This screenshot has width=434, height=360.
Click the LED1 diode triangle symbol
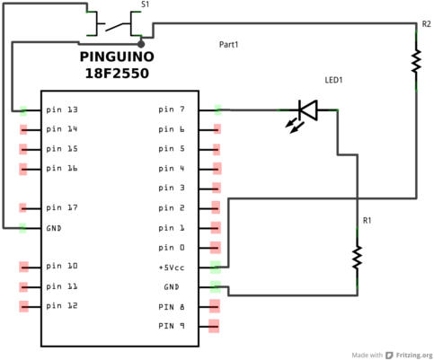[x=308, y=110]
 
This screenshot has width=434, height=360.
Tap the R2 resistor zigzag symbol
[x=416, y=61]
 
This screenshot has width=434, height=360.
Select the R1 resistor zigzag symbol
[x=357, y=257]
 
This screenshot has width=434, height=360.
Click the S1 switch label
[x=146, y=4]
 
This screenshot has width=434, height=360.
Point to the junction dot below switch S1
[x=141, y=44]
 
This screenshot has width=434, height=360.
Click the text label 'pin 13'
[x=62, y=110]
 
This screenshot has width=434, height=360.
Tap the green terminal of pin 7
[x=218, y=110]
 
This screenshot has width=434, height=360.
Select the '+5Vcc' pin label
[x=172, y=268]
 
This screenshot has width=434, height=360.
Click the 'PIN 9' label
[x=172, y=326]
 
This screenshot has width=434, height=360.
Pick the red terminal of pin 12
[x=23, y=306]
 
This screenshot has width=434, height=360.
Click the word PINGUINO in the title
[x=117, y=57]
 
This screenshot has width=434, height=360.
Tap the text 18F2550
[x=117, y=74]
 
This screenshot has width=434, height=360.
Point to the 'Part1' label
[x=229, y=45]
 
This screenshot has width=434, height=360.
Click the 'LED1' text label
[x=333, y=80]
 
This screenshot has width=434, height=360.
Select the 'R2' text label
[x=427, y=24]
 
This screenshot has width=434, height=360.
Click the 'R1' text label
[x=367, y=221]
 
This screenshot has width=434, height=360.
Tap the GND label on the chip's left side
[x=54, y=228]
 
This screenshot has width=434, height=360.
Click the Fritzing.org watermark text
[x=414, y=356]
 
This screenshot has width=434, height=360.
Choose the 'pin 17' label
[x=62, y=207]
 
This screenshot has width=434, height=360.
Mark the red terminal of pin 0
[x=216, y=248]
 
